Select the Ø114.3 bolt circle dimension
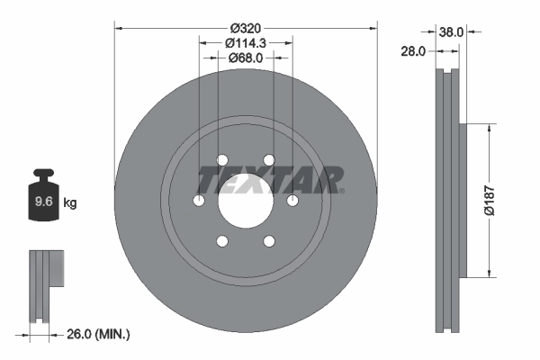click(x=246, y=42)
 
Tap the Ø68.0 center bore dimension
click(x=246, y=58)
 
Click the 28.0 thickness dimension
click(x=413, y=52)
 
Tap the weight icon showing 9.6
click(x=43, y=196)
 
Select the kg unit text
click(x=70, y=203)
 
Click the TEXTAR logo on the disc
click(x=270, y=180)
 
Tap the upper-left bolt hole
click(x=221, y=160)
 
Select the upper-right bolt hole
click(x=268, y=160)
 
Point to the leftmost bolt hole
click(x=198, y=201)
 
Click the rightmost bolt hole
click(x=292, y=201)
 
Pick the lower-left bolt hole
click(x=221, y=241)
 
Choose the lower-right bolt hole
click(x=268, y=241)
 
